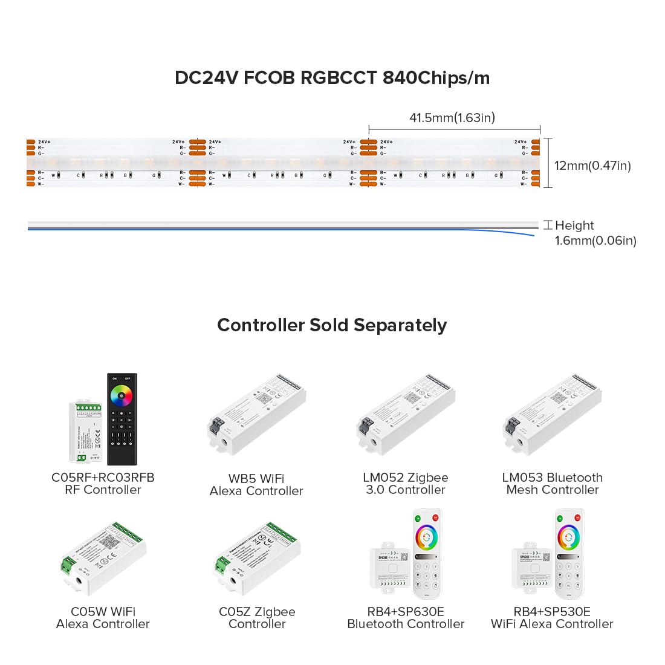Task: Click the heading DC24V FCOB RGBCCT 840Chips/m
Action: [332, 78]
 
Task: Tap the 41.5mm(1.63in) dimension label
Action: [452, 117]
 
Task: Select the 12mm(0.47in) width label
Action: [592, 166]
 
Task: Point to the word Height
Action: [574, 225]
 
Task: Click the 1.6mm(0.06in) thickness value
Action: [595, 241]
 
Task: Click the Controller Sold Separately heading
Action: [332, 325]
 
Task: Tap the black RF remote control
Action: [122, 419]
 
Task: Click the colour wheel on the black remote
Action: [120, 395]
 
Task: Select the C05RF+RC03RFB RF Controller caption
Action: [103, 484]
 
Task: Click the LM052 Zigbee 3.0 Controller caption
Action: [406, 484]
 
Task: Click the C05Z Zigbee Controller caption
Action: [257, 618]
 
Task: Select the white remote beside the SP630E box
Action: [427, 553]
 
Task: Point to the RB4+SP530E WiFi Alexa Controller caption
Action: [552, 618]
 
